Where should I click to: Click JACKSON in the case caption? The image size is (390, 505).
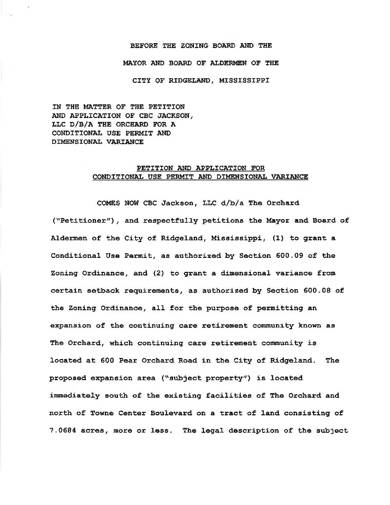175,115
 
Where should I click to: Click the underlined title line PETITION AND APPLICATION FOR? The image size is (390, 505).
201,168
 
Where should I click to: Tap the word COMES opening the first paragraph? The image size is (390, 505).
108,203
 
